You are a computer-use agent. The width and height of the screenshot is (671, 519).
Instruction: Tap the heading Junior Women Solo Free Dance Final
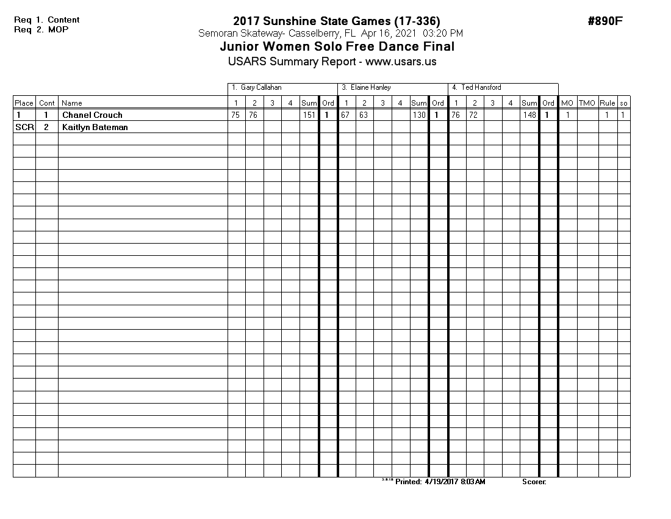point(337,47)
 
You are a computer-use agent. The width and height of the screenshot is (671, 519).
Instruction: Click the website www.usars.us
point(401,62)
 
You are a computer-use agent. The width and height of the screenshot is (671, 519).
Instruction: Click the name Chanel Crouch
point(92,115)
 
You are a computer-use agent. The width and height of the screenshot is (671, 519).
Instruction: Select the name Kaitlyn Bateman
point(95,127)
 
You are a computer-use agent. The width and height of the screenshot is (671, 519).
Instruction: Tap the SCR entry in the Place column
point(24,127)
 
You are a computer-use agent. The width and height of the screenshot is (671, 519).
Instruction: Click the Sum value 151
point(309,115)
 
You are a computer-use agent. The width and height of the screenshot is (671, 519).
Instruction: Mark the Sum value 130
point(418,115)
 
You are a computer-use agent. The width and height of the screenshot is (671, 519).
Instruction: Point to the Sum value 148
point(529,115)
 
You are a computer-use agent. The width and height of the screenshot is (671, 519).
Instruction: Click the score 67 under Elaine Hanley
point(345,115)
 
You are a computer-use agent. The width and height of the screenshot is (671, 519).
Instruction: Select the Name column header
point(72,103)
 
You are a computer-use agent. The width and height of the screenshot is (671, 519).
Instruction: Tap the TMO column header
point(587,103)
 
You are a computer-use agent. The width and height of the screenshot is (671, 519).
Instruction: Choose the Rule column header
point(607,103)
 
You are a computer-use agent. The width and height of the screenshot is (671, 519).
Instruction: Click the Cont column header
point(46,103)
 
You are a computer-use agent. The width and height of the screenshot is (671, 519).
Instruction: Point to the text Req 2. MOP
point(38,29)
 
